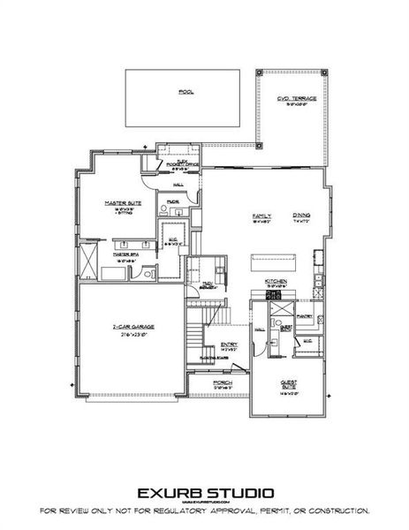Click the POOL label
(x=185, y=91)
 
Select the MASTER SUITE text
(x=117, y=202)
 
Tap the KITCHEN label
(x=276, y=283)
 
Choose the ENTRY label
(x=229, y=344)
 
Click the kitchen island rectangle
(x=276, y=262)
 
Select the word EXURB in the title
(x=168, y=492)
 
